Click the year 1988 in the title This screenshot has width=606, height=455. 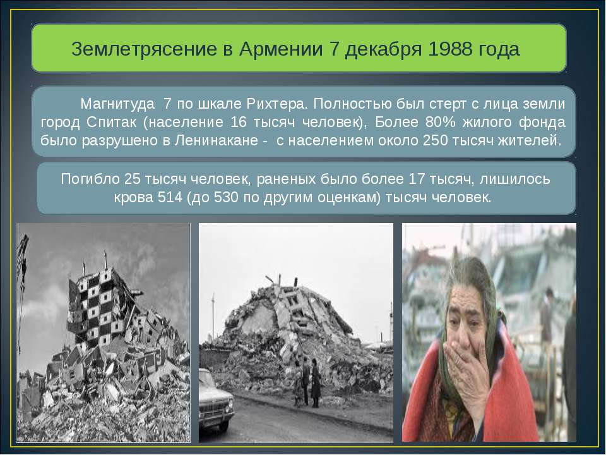[x=448, y=49]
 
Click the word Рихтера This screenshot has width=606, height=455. [x=276, y=102]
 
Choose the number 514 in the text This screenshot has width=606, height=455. [x=170, y=197]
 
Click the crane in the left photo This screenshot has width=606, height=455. [x=23, y=278]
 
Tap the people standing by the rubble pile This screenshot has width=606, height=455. [x=307, y=379]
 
